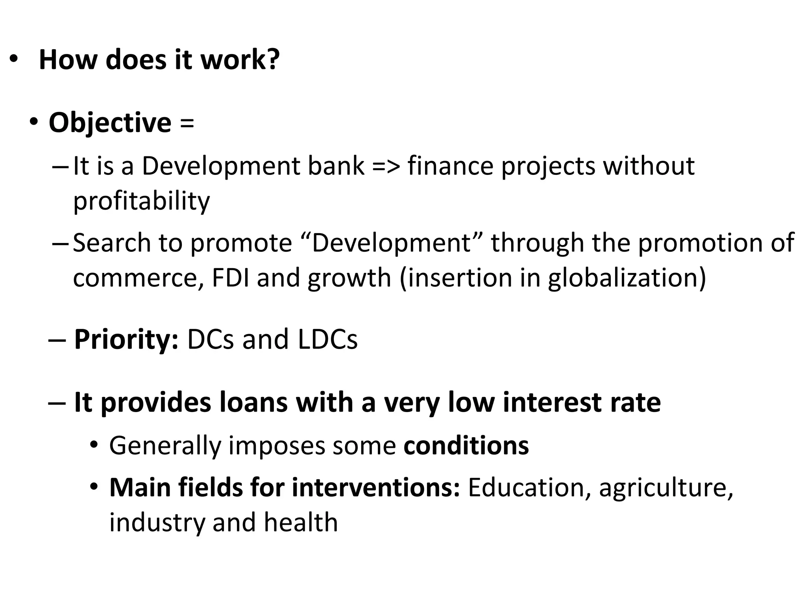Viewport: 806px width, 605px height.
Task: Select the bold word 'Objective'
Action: (x=110, y=123)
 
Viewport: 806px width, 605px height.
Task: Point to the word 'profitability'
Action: (x=142, y=201)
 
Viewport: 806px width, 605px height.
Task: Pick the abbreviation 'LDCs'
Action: (x=327, y=340)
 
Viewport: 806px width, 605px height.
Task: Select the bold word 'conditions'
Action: (x=466, y=446)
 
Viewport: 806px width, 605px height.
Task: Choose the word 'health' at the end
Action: (x=301, y=522)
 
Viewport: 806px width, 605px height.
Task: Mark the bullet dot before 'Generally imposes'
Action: (x=94, y=445)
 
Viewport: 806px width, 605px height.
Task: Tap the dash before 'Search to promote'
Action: (x=59, y=243)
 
